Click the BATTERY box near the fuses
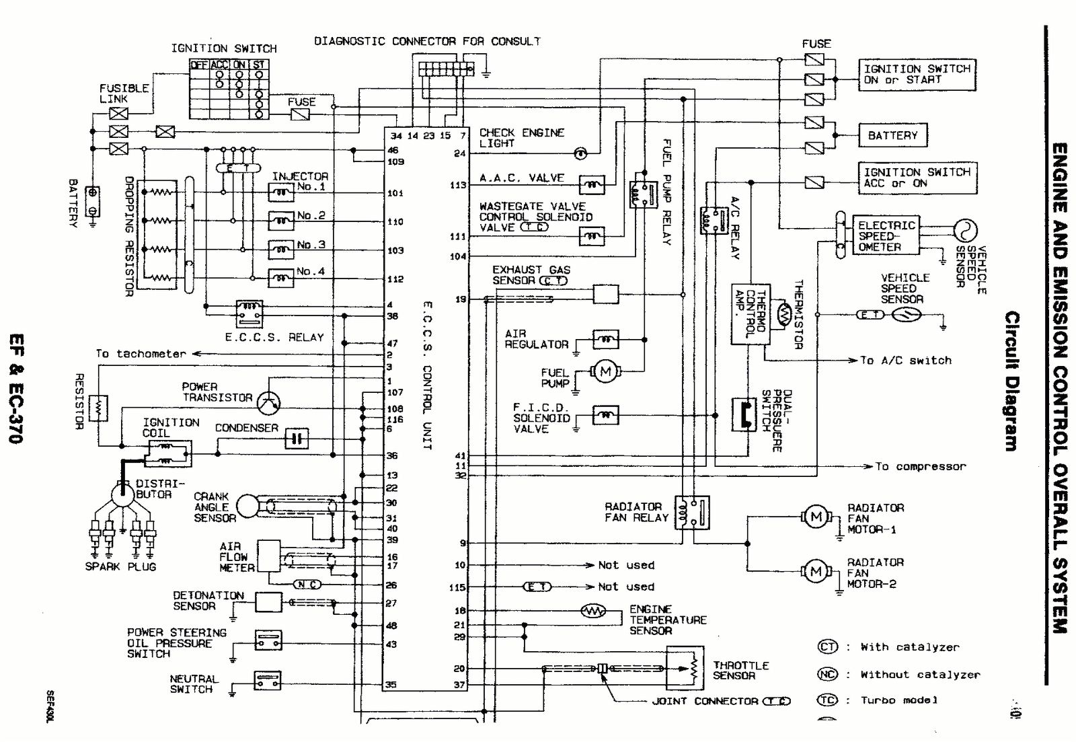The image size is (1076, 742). (x=892, y=135)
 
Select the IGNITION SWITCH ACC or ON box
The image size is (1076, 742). (x=917, y=178)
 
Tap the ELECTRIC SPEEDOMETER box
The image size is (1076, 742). (x=887, y=236)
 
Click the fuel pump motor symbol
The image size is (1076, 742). (x=605, y=371)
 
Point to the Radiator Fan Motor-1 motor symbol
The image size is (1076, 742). (x=816, y=517)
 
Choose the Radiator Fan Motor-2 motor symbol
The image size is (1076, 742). (x=816, y=572)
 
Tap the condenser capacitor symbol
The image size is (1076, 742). (x=297, y=439)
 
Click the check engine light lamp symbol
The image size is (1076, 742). (x=580, y=153)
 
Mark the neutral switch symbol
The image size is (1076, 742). (x=268, y=681)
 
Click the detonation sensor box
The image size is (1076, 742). (x=268, y=602)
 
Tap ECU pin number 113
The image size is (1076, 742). (x=458, y=185)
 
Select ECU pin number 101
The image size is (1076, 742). (x=395, y=194)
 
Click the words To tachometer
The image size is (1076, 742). (x=141, y=354)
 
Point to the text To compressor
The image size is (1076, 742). (x=920, y=466)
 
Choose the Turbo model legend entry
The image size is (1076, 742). (x=899, y=700)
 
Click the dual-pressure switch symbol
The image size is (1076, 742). (x=740, y=415)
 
